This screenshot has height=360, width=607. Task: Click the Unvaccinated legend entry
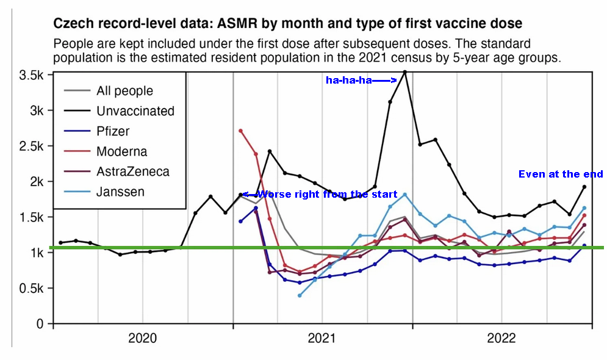(x=135, y=111)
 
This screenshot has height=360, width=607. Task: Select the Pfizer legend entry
(x=112, y=131)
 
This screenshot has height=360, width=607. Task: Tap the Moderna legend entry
(x=121, y=151)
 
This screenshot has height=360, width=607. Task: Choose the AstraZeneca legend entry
(x=132, y=171)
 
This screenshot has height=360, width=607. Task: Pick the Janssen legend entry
(x=120, y=192)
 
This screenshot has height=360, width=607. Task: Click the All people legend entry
(x=124, y=91)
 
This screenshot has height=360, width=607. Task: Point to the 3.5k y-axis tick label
(x=32, y=76)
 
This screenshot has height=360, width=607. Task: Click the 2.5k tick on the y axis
(x=32, y=146)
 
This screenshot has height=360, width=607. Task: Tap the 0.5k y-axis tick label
(x=32, y=288)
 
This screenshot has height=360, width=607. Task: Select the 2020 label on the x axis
(x=143, y=338)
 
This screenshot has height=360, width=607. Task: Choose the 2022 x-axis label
(x=501, y=338)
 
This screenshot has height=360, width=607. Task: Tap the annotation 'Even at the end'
(x=561, y=175)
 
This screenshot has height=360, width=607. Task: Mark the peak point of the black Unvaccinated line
(x=404, y=72)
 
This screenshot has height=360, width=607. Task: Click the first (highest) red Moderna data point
(x=241, y=131)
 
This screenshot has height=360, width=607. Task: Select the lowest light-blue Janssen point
(x=300, y=295)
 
